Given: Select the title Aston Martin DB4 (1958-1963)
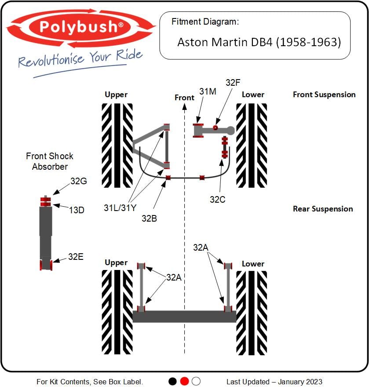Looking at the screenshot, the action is pos(259,42).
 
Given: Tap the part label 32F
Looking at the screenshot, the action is pos(233,83).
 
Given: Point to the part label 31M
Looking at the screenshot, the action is pos(208,91).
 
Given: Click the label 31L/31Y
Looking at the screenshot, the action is pos(120,208).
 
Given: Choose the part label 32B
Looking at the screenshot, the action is pos(149,219).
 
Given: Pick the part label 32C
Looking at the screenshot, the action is pos(217,200).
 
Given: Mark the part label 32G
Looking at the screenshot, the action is pos(79,181).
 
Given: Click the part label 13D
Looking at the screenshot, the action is pos(77,210).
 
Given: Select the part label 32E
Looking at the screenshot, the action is pos(76,257).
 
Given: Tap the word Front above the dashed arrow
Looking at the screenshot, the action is pos(184,98).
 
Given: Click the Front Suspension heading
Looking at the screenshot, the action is pos(324,95).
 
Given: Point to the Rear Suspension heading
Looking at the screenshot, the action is pos(323,209).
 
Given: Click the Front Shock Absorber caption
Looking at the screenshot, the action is pos(50,161).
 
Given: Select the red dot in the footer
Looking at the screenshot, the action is pos(184,381).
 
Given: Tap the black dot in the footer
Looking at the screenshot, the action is pos(172,381).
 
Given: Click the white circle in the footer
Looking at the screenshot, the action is pos(196,381).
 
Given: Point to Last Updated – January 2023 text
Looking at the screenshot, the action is pos(274,382).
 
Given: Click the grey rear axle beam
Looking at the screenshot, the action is pos(184,317).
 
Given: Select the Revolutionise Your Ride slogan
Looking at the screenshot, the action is pos(80,60).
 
